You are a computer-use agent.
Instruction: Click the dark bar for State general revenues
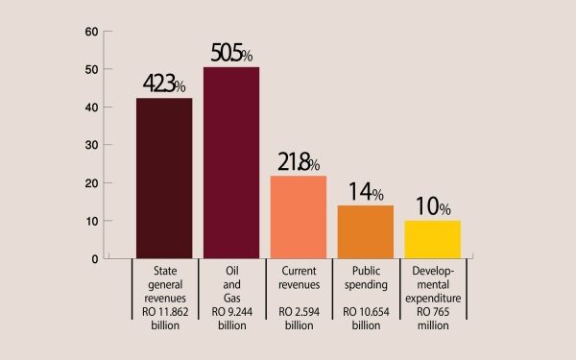pos(164,178)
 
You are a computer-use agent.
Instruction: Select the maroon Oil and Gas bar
pos(230,162)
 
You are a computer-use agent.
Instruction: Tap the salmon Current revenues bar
pos(298,217)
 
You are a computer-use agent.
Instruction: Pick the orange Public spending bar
pos(366,231)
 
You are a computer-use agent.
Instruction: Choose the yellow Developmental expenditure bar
pos(432,239)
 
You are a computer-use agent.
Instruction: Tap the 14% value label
pos(365,192)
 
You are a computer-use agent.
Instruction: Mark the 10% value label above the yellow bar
pos(432,207)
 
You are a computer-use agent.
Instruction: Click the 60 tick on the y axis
pos(92,32)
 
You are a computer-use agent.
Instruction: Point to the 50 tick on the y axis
pos(92,69)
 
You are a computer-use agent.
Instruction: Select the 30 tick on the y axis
pos(92,145)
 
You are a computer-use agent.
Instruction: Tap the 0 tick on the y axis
pos(95,258)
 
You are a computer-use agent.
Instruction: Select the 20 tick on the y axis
pos(92,182)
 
